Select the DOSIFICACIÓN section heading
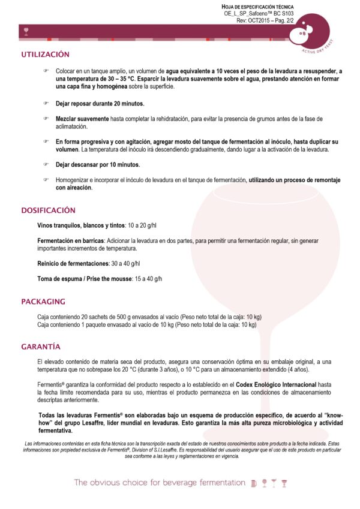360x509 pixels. [x=48, y=210]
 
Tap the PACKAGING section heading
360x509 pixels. [x=43, y=302]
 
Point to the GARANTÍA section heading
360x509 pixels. [x=40, y=347]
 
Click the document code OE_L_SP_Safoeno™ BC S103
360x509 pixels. [x=259, y=13]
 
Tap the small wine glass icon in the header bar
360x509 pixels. [x=25, y=30]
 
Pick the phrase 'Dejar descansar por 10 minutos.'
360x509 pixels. [x=98, y=164]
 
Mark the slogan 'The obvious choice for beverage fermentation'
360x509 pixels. [x=160, y=483]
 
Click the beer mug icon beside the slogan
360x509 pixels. [x=254, y=483]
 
